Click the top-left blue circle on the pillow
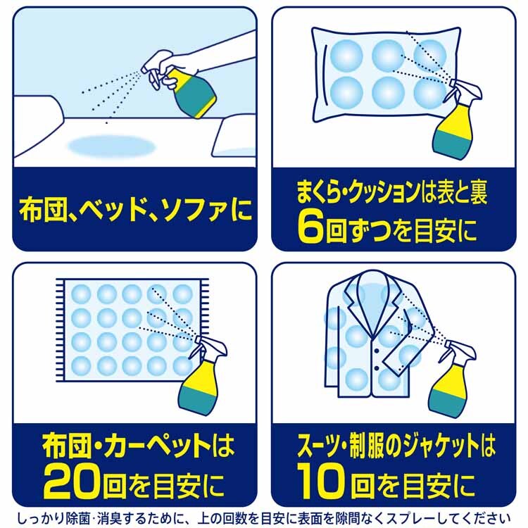pyautogui.click(x=346, y=55)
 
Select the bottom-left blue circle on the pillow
pyautogui.click(x=346, y=92)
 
